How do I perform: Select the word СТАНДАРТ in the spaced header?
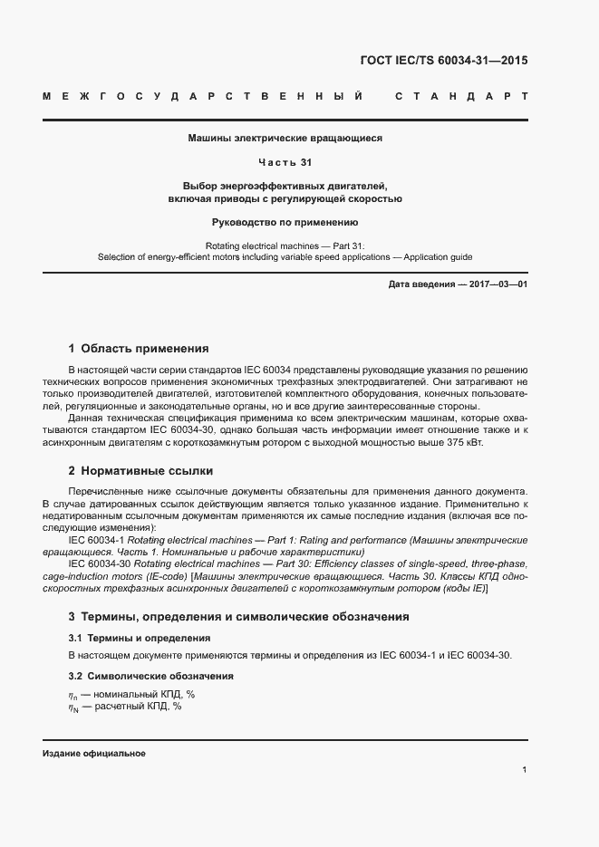pos(461,96)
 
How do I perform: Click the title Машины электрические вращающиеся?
pos(285,139)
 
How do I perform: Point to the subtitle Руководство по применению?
pos(285,222)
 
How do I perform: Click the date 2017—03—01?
pos(498,284)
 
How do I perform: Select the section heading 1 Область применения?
pos(139,348)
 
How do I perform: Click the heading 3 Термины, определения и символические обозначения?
pos(238,616)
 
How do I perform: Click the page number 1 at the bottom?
pos(525,770)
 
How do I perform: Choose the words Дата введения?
pos(421,284)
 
